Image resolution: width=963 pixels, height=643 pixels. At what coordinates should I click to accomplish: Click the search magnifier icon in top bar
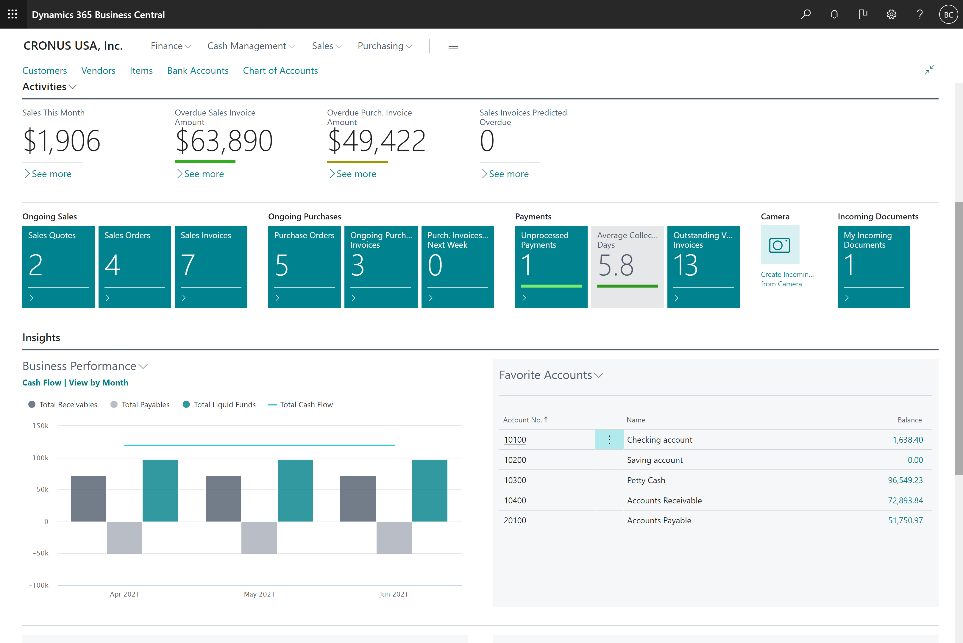tap(806, 14)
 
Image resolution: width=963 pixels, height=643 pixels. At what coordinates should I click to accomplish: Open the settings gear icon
tap(891, 14)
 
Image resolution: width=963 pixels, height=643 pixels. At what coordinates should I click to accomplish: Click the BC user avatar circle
tap(948, 14)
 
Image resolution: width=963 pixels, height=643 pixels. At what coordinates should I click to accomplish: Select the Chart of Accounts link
tap(280, 71)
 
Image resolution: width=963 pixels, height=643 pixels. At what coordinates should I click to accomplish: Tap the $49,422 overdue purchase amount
tap(376, 141)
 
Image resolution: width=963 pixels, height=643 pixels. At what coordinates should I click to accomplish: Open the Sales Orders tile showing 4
tap(135, 266)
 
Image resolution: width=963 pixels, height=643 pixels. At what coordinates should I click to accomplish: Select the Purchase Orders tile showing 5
tap(304, 266)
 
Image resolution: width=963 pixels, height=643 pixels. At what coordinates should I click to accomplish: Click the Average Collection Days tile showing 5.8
tap(627, 266)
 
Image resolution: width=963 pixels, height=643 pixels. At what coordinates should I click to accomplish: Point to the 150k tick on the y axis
tap(40, 426)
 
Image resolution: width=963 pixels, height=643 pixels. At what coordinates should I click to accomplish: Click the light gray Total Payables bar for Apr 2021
tap(124, 538)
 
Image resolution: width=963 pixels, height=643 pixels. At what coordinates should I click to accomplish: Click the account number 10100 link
tap(514, 440)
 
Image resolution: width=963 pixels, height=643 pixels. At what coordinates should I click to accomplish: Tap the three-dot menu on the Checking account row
tap(609, 440)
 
